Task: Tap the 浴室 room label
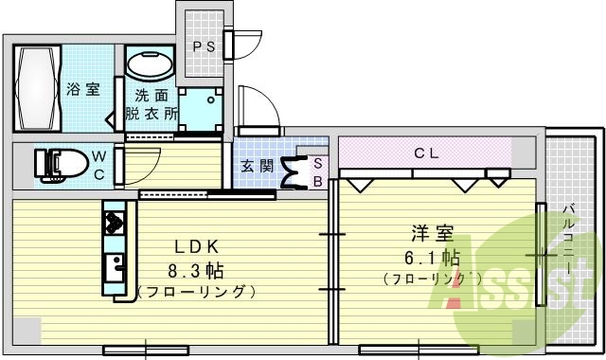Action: pos(83,90)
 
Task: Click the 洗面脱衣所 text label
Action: pos(151,104)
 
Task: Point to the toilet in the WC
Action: pos(56,164)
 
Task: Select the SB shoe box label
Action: pos(317,171)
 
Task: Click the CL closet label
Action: pos(425,152)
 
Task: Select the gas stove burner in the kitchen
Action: pos(116,224)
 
